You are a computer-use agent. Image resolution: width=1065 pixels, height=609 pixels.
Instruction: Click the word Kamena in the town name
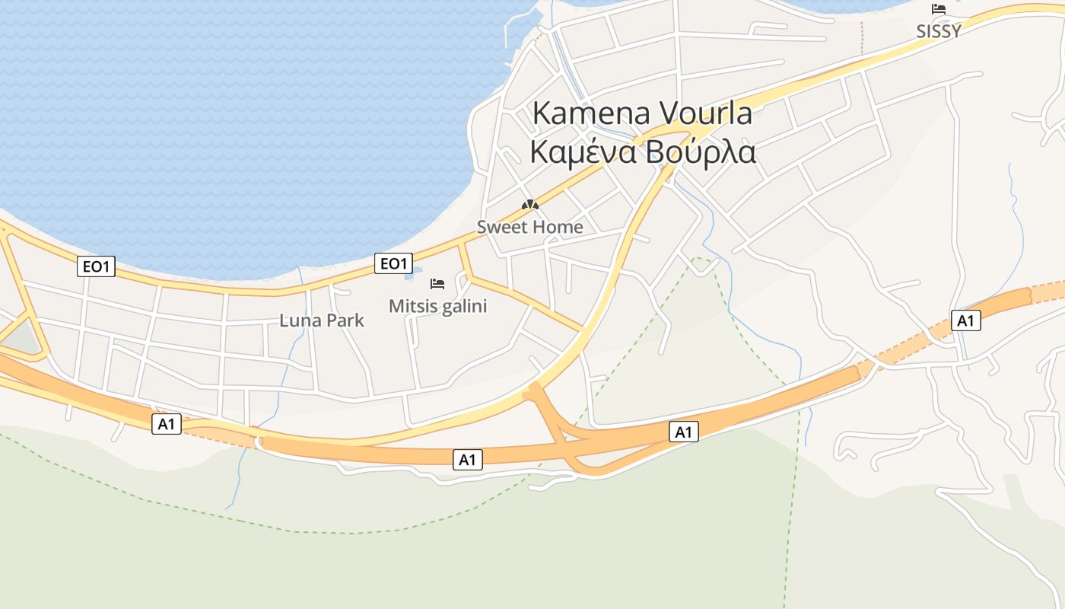pos(590,113)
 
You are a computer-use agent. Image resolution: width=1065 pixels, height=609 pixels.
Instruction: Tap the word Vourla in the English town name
pos(704,113)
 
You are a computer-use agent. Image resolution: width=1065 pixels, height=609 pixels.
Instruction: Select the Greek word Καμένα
pos(582,151)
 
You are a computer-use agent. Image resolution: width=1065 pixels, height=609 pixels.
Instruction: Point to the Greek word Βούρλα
pos(700,151)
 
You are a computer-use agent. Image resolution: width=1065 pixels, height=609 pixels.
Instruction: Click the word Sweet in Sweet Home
pos(501,227)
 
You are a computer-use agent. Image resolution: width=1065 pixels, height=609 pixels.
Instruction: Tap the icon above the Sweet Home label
pos(530,205)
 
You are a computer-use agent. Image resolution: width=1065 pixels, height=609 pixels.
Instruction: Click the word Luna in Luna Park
pos(297,320)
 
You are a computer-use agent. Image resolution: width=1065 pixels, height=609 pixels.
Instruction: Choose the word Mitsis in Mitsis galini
pos(412,306)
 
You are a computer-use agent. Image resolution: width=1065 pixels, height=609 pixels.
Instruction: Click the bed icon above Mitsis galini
pos(437,284)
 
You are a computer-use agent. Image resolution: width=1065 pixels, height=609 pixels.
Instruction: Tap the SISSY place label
pos(939,31)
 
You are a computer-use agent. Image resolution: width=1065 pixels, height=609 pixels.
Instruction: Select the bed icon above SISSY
pos(939,9)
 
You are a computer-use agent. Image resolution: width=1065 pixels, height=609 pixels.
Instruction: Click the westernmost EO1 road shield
pos(96,266)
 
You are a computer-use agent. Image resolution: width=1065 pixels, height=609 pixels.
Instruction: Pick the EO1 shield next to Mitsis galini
pos(394,263)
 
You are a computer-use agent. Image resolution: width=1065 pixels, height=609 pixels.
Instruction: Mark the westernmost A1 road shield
pos(167,424)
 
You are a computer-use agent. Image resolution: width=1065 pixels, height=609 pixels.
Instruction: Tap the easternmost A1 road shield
pos(965,320)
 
